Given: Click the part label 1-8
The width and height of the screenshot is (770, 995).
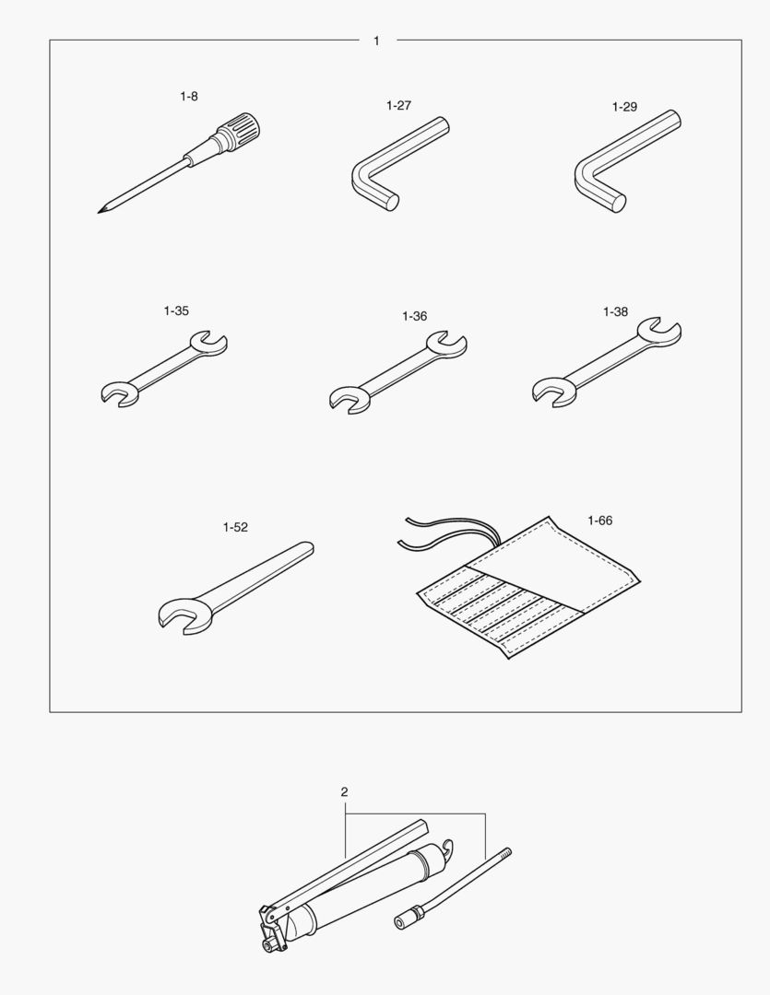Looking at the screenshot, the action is [x=189, y=97].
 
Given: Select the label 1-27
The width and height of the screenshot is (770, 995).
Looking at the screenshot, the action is [x=398, y=105].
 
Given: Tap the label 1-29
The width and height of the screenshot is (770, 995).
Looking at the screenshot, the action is [x=624, y=107].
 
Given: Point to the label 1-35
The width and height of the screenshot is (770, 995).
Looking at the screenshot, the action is [x=176, y=311].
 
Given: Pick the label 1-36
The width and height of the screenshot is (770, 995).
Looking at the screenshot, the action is [x=414, y=316].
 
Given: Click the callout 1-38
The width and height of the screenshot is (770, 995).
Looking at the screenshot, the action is [x=615, y=311].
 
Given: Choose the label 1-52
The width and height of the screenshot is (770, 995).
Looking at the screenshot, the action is [x=235, y=527].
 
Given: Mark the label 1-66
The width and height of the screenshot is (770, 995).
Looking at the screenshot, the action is [x=599, y=521].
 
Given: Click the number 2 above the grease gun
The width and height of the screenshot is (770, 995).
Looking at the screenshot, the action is [x=344, y=792].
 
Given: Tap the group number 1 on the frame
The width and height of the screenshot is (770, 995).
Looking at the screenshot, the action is [x=377, y=41].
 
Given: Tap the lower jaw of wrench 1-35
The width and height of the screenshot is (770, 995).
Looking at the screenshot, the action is [x=120, y=394].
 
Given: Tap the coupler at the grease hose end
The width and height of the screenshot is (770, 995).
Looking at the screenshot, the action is [x=408, y=917].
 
